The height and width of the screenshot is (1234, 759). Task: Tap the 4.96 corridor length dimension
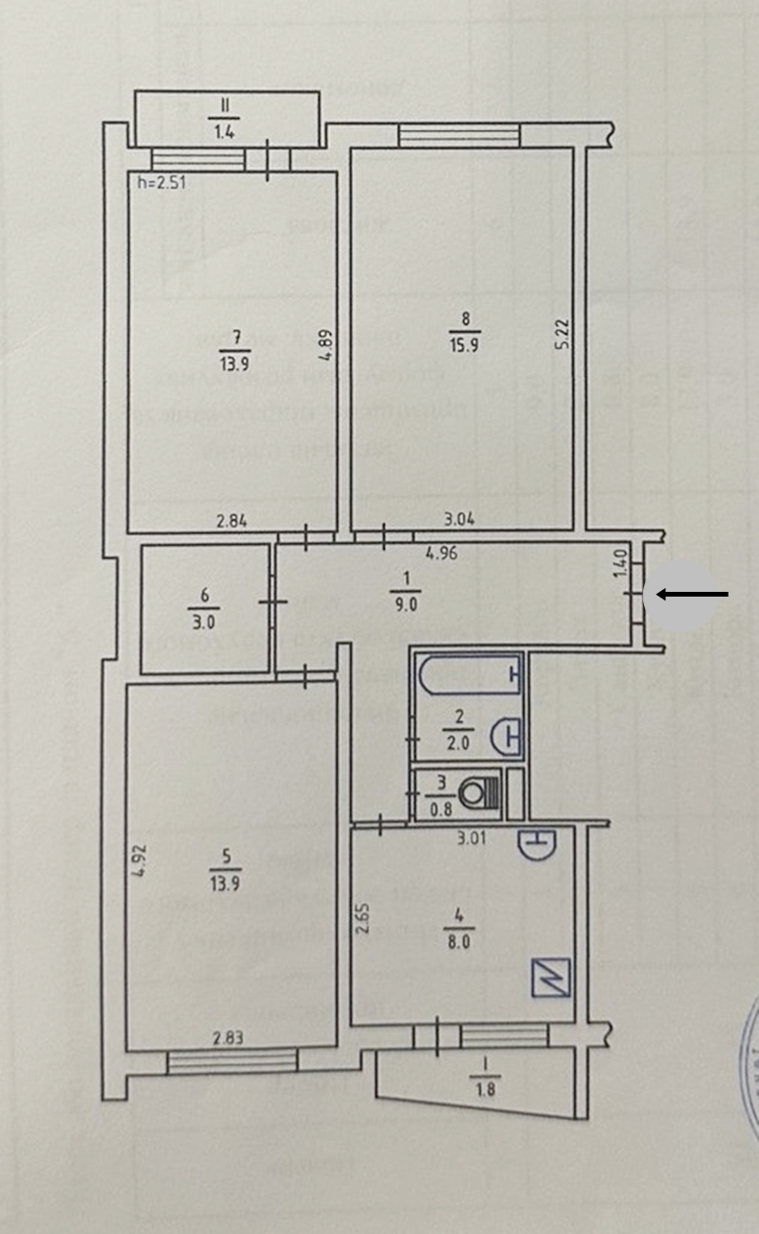(442, 554)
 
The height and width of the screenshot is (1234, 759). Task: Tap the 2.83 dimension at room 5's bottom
(227, 1037)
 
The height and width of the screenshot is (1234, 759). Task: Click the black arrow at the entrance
(693, 595)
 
